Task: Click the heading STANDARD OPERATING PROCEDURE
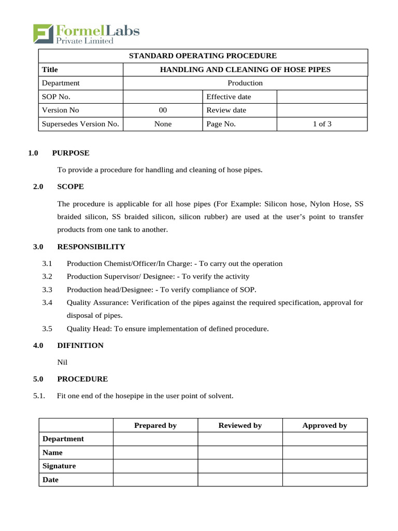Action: point(203,56)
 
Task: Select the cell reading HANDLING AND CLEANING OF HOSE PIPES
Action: point(245,69)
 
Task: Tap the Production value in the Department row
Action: point(245,83)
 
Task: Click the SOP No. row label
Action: point(56,96)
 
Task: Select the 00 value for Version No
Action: point(163,110)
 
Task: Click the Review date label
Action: point(226,110)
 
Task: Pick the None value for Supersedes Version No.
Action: point(163,124)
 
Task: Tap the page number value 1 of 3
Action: point(322,124)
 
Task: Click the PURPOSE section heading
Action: point(70,153)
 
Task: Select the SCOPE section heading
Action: point(70,186)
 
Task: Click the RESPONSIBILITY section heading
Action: point(91,246)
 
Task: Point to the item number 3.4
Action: point(48,302)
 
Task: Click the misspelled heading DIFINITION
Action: point(80,345)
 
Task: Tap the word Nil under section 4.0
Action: point(62,362)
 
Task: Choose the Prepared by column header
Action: point(155,425)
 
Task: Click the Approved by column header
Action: point(324,425)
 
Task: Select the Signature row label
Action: point(59,466)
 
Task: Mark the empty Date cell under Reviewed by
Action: point(240,480)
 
